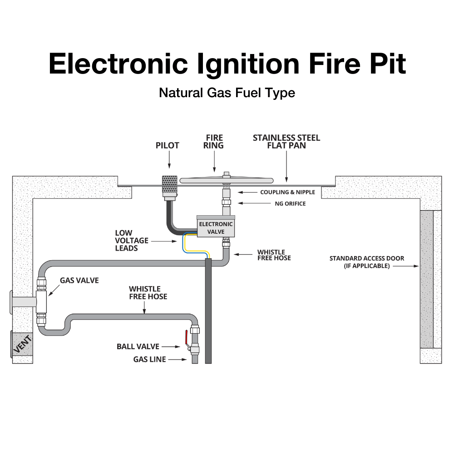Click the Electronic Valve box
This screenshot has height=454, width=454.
[216, 227]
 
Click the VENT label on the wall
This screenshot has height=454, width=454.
[20, 343]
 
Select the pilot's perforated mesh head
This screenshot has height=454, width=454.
[169, 185]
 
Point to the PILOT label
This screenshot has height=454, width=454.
[167, 146]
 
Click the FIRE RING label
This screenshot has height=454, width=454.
[214, 142]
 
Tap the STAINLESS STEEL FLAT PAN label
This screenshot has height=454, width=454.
[286, 142]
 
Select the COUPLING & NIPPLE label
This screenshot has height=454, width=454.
[287, 192]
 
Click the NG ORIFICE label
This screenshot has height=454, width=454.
[290, 204]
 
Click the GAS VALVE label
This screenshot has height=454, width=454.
[79, 281]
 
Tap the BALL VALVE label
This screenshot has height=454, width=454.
[138, 346]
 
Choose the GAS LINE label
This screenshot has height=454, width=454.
[150, 360]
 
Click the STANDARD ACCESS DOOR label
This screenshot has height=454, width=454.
[367, 262]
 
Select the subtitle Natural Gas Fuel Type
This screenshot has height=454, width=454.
[227, 93]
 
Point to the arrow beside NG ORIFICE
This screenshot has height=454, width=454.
[245, 204]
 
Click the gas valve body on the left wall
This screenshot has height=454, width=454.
[42, 301]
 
